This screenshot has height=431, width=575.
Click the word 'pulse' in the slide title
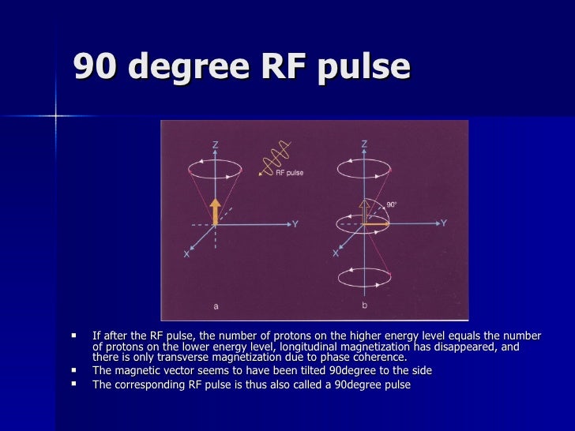point(365,68)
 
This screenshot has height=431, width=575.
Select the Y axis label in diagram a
point(295,224)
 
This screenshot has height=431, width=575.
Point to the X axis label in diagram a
point(186,254)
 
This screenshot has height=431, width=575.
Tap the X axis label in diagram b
point(336,254)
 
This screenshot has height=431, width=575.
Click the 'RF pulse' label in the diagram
point(289,173)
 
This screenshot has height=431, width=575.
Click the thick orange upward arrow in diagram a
point(215,211)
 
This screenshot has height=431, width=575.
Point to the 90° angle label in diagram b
point(392,204)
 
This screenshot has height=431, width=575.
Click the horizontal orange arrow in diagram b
point(378,224)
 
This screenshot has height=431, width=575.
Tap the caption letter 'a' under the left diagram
point(215,305)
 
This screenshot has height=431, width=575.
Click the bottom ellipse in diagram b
point(363,277)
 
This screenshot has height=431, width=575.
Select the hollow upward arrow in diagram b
point(363,209)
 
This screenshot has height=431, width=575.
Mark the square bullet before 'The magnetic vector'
point(73,370)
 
